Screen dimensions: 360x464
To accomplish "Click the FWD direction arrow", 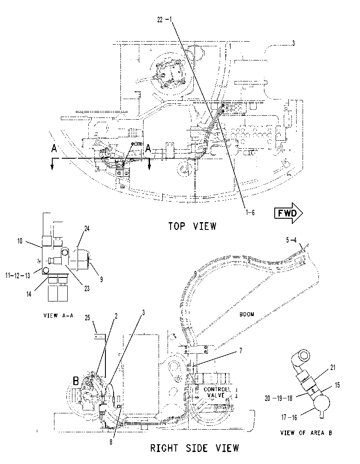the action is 288,213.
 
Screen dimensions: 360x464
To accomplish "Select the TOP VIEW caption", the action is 192,226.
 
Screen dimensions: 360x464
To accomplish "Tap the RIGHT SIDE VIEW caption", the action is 195,448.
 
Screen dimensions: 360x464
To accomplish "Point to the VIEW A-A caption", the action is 58,316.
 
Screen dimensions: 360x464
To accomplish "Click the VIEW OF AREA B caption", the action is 306,433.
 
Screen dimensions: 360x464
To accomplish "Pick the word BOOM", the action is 247,314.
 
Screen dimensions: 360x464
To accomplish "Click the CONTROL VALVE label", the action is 216,392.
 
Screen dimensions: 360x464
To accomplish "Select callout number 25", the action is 87,318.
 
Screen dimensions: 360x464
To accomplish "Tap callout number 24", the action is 87,229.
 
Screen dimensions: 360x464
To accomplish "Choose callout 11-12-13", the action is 18,276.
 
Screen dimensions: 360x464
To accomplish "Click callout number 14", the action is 29,295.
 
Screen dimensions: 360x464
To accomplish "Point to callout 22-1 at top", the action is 165,20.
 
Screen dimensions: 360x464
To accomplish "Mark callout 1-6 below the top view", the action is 250,212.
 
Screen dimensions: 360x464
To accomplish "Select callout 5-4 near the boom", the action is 291,240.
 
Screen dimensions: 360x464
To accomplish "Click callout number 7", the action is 241,351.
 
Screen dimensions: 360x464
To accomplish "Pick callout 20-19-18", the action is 278,398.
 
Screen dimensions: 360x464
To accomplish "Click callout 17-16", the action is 289,418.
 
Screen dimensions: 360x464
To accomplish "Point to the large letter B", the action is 76,380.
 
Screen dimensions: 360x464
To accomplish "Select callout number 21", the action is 333,368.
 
